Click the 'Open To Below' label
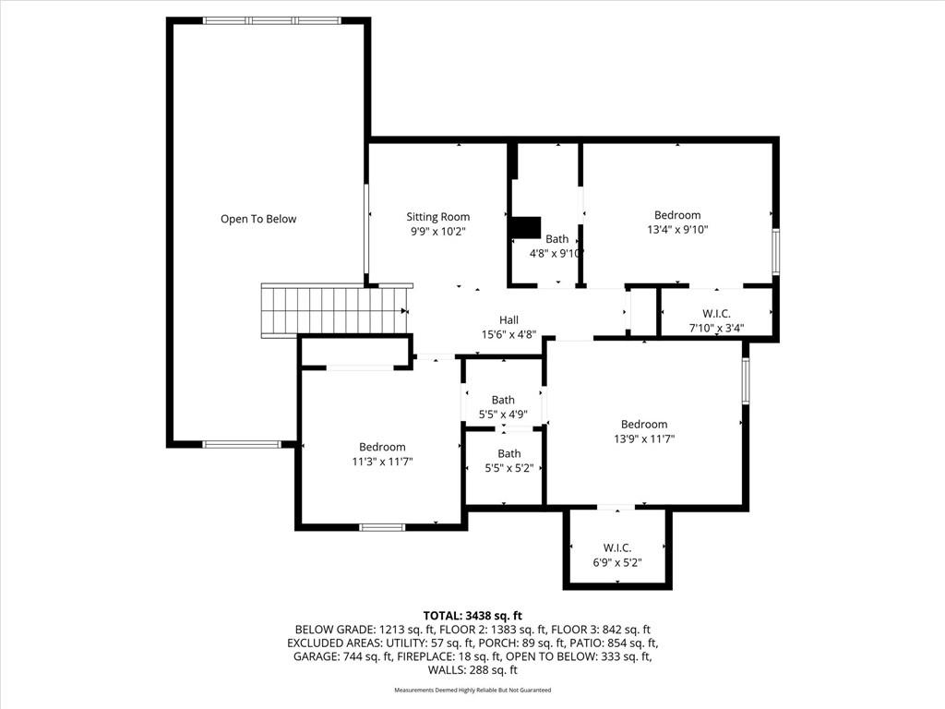point(258,219)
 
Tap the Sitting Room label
point(437,216)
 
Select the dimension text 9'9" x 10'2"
point(437,231)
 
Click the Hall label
point(508,319)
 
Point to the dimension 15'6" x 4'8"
point(508,334)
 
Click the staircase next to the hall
point(334,310)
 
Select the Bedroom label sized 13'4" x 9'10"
point(677,214)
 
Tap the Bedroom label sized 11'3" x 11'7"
point(382,447)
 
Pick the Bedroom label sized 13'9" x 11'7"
point(644,424)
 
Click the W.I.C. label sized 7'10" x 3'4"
point(716,314)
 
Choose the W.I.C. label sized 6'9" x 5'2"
point(617,548)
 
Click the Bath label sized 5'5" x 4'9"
point(503,400)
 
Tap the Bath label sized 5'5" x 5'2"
point(509,453)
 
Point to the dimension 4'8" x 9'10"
point(556,254)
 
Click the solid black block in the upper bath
point(525,228)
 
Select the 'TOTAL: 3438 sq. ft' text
point(472,616)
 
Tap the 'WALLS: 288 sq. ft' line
point(472,670)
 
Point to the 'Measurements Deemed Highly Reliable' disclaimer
point(472,690)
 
